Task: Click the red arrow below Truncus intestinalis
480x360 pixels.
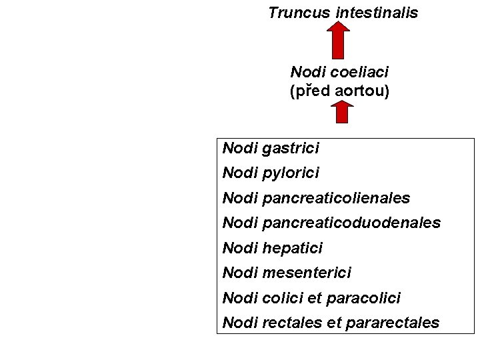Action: coord(339,40)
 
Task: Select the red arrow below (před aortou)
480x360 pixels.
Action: coord(341,112)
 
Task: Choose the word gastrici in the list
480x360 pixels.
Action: coord(291,148)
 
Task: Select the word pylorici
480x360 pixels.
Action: coord(291,173)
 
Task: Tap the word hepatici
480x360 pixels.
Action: coord(293,249)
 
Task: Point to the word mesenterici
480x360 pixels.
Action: coord(307,273)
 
